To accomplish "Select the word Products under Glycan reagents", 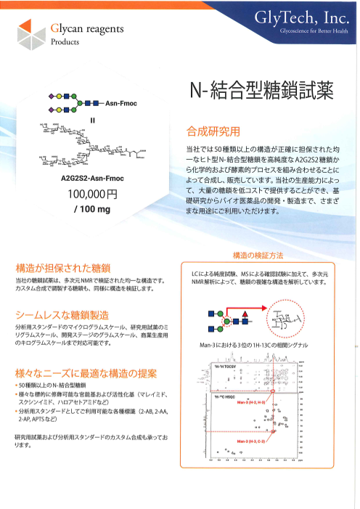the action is (65, 43).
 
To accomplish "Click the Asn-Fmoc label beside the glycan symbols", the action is (121, 104).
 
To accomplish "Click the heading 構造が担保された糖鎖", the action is (62, 267).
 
